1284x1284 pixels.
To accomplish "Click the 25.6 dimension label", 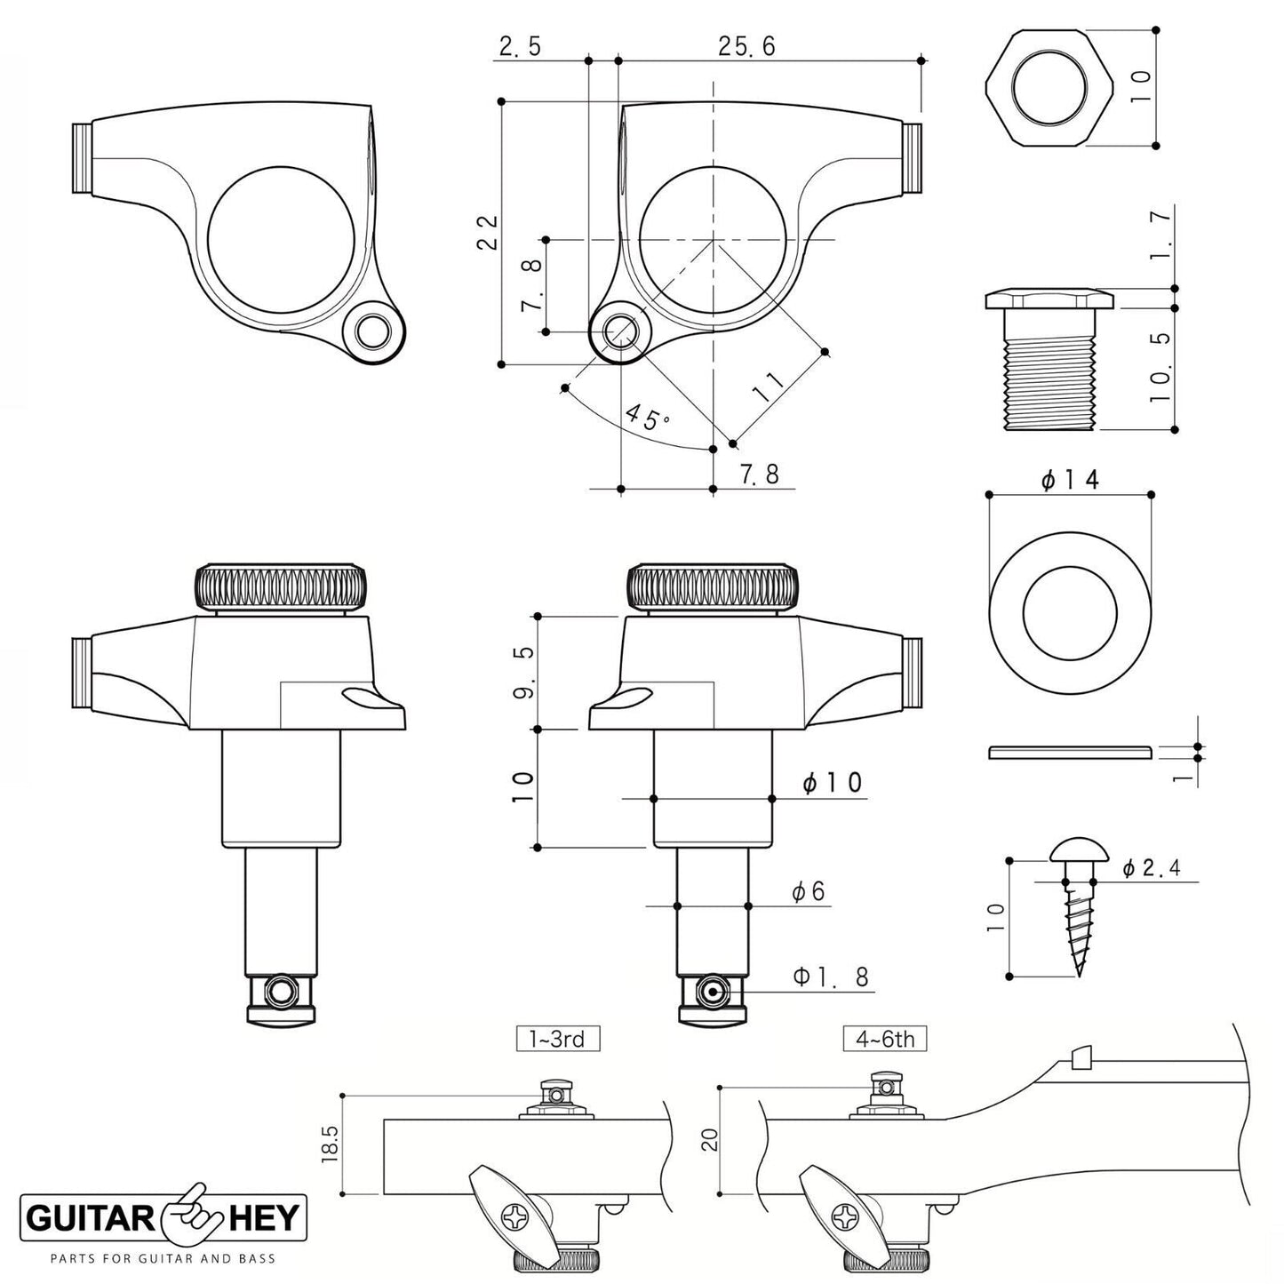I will pos(746,46).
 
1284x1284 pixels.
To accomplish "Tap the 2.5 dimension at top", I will pos(519,46).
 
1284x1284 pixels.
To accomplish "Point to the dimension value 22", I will pos(487,233).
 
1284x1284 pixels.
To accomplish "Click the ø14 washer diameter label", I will pos(1070,480).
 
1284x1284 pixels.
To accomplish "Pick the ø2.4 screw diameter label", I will pos(1152,868).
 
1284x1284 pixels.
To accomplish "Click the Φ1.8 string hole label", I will pos(830,977).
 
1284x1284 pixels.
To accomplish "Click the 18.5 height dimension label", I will pos(331,1145).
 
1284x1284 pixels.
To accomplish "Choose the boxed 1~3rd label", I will pos(558,1038).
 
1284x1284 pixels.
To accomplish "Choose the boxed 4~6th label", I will pos(885,1038).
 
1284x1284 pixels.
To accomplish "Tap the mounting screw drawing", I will pos(1077,906).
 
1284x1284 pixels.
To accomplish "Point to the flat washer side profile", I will pos(1070,753).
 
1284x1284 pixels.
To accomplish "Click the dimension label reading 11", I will pos(769,388).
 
